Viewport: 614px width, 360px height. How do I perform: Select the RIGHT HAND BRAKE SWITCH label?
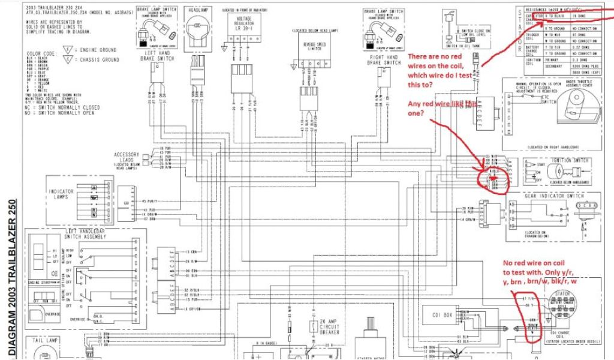click(x=384, y=60)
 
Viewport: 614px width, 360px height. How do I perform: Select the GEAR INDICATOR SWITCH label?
click(x=554, y=196)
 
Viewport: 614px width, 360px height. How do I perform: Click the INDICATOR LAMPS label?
click(x=61, y=194)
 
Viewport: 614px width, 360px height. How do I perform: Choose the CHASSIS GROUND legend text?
click(x=102, y=60)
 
